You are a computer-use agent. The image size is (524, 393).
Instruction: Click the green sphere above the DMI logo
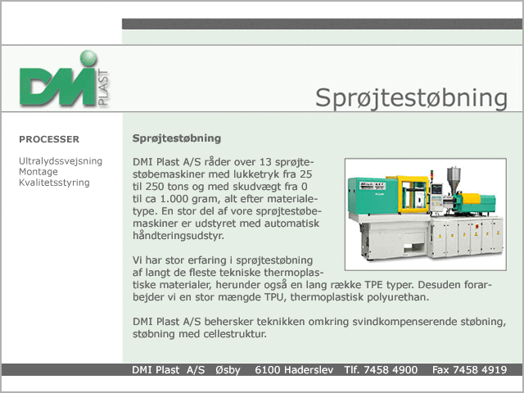coord(88,58)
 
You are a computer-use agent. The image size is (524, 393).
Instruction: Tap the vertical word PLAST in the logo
coord(103,88)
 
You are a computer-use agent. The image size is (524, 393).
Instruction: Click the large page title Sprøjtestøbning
coord(411,98)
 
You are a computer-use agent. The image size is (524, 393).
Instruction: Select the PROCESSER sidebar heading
coord(49,139)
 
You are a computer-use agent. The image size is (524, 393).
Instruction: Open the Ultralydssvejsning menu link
coord(61,161)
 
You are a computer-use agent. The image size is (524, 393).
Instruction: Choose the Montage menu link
coord(38,172)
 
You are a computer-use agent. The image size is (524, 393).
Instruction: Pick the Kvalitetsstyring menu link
coord(55,183)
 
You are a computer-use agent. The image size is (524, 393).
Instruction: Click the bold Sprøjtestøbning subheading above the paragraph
coord(177,138)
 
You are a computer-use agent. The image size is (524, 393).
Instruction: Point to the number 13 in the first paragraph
coord(265,162)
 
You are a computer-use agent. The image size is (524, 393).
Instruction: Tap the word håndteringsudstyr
coord(178,236)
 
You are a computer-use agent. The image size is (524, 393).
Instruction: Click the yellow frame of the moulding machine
coord(413,195)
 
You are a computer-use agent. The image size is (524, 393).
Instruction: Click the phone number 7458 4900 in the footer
coord(391,370)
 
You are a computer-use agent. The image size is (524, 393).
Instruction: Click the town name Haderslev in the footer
coord(309,370)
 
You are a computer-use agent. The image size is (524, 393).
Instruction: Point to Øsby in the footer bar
coord(228,370)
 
